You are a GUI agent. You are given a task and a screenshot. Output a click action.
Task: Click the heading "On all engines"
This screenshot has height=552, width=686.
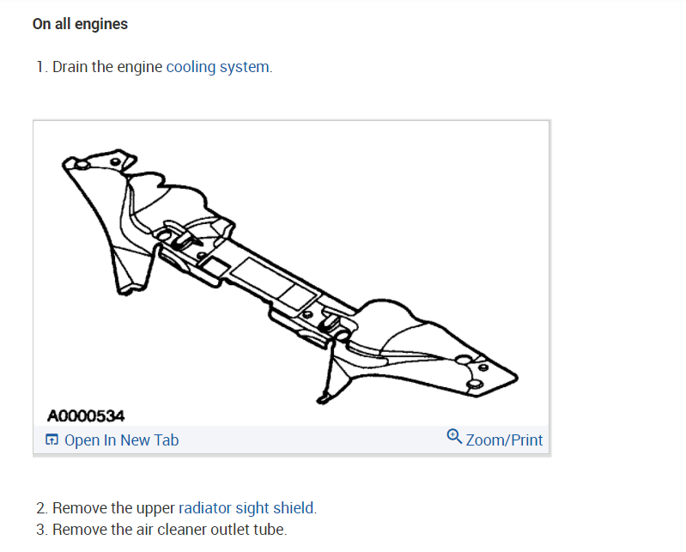[x=80, y=24]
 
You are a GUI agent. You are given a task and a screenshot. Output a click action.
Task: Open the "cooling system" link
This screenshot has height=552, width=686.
[x=218, y=67]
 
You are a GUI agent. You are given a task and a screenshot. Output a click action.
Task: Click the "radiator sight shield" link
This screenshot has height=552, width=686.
[x=246, y=508]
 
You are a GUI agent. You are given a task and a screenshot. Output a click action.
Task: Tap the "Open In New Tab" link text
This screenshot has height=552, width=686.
[x=121, y=440]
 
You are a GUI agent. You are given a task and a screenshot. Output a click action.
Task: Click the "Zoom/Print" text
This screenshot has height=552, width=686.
[x=504, y=440]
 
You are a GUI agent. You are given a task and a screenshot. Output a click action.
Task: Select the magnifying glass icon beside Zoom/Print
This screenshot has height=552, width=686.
[x=454, y=438]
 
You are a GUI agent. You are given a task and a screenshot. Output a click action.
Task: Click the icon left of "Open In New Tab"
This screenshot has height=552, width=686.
[x=52, y=440]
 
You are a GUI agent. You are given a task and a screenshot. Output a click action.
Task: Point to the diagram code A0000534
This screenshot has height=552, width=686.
[x=86, y=416]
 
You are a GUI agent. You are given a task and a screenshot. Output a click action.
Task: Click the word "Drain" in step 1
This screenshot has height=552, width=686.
[x=70, y=67]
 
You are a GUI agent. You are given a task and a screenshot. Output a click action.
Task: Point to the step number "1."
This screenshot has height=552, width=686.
[x=41, y=67]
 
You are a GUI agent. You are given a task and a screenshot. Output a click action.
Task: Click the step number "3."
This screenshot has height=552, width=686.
[x=41, y=530]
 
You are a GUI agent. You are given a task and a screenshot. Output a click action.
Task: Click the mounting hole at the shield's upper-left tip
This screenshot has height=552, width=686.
[x=80, y=163]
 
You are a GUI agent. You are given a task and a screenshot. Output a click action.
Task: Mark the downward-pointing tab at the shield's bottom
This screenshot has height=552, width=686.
[x=325, y=394]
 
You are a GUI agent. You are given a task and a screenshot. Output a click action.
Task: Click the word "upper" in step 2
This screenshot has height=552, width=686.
[x=154, y=508]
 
